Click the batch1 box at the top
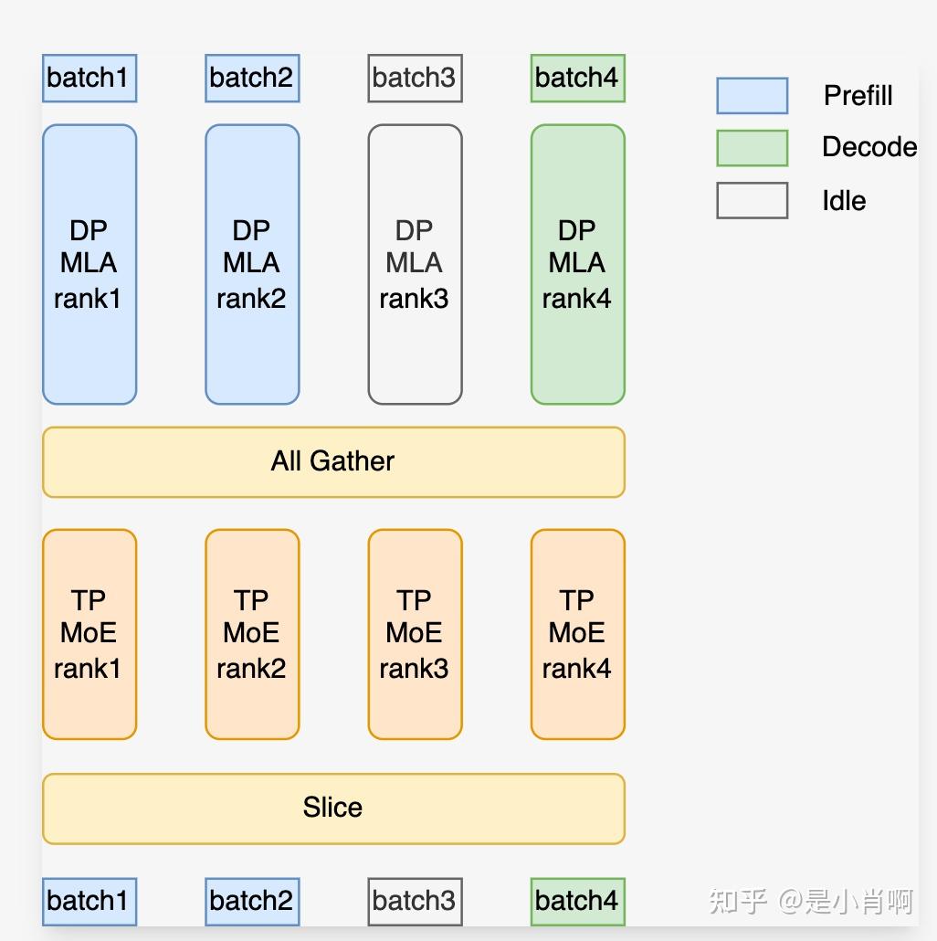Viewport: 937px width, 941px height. pos(89,78)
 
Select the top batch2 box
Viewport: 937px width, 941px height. pos(252,78)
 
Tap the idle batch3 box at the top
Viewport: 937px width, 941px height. pos(415,78)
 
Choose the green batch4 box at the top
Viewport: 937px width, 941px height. pos(577,78)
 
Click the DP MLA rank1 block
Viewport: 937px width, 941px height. pos(89,264)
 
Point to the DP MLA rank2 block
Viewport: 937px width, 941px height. pos(252,264)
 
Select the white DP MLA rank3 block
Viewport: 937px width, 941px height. pos(415,264)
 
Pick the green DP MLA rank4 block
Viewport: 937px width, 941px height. pos(577,264)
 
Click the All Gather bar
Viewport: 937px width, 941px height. pos(333,461)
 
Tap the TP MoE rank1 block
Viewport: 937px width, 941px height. pos(89,634)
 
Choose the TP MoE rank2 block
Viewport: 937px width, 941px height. pos(252,634)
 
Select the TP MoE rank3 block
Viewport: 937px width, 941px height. pos(415,634)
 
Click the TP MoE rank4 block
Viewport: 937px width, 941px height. pos(577,634)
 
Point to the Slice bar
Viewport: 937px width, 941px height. pos(333,809)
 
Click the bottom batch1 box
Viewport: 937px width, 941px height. pos(89,901)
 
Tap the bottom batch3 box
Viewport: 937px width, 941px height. pos(415,901)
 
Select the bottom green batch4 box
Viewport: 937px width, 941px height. pos(577,901)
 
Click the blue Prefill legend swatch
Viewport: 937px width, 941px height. pos(752,96)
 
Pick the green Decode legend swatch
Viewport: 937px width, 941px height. pos(752,148)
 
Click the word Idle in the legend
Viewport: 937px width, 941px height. pos(843,201)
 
